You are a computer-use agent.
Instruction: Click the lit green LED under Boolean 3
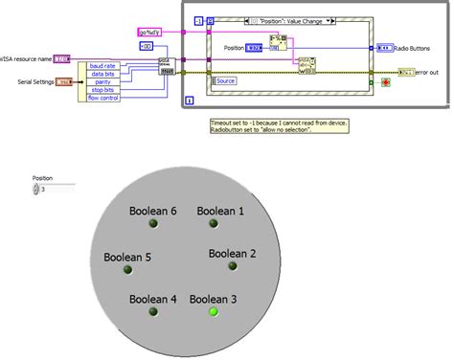coord(214,311)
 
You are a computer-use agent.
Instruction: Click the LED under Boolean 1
coord(214,224)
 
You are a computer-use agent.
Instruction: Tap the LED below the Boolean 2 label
coord(231,267)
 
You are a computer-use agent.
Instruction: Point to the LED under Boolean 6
coord(152,224)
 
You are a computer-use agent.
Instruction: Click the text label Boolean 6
coord(153,211)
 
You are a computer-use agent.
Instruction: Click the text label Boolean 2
coord(232,254)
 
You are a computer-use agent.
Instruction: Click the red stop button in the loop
coord(386,83)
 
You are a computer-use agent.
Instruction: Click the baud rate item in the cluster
coord(102,65)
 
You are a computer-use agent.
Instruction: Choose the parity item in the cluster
coord(102,81)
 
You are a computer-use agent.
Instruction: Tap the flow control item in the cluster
coord(102,97)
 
